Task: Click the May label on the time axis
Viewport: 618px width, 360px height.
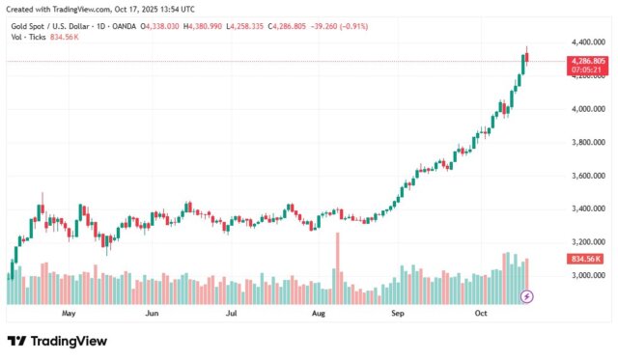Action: tap(69, 314)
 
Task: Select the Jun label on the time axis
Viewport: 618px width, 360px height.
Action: tap(152, 314)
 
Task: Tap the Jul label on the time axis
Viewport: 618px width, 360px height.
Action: tap(232, 314)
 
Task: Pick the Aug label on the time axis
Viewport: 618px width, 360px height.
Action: tap(320, 314)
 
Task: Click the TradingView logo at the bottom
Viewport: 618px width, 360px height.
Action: tap(57, 341)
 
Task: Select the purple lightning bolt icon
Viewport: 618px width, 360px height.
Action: tap(527, 295)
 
